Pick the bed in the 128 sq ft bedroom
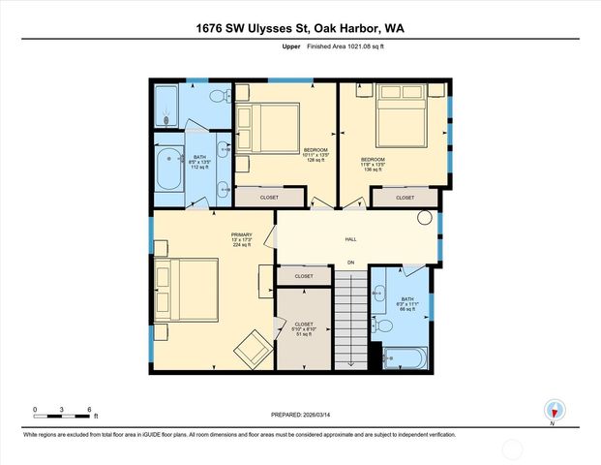pyautogui.click(x=272, y=129)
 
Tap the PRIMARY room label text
pyautogui.click(x=241, y=234)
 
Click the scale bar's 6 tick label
pyautogui.click(x=88, y=410)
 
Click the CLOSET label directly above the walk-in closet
pyautogui.click(x=304, y=276)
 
